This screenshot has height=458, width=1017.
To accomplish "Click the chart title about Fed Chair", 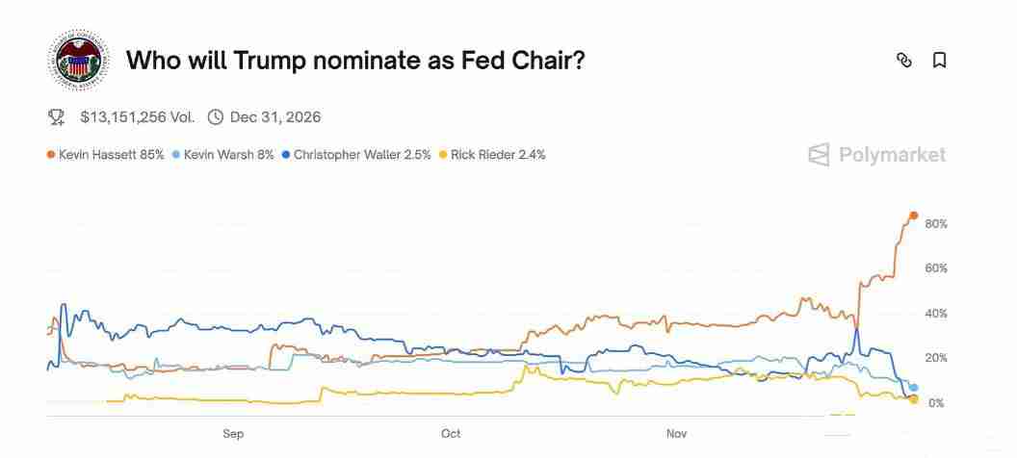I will (355, 61).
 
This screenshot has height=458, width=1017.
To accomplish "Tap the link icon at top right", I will (903, 61).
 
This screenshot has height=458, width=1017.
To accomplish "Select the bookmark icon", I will (940, 61).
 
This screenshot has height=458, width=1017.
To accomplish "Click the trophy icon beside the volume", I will (57, 117).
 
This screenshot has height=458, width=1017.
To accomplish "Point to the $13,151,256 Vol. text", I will (137, 117).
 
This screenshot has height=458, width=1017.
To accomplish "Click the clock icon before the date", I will (215, 117).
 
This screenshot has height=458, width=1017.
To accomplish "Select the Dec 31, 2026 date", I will (275, 117).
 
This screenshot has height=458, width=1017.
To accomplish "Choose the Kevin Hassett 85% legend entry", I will (106, 154).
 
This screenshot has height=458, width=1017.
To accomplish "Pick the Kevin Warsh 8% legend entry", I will (223, 154).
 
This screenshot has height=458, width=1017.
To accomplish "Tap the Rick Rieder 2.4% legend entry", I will (492, 154).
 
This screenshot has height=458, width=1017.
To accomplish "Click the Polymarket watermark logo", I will (876, 155).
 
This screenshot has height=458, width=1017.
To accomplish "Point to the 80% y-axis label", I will (936, 224).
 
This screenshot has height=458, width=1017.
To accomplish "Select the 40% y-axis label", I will (936, 314).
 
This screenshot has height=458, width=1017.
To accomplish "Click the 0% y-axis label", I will (936, 403).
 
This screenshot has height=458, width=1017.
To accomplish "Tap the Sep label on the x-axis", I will (233, 434).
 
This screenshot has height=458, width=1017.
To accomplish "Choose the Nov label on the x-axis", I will (677, 434).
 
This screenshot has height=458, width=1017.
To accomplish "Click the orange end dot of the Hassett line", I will (914, 216).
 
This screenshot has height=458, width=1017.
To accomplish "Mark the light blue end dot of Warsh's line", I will (914, 388).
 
